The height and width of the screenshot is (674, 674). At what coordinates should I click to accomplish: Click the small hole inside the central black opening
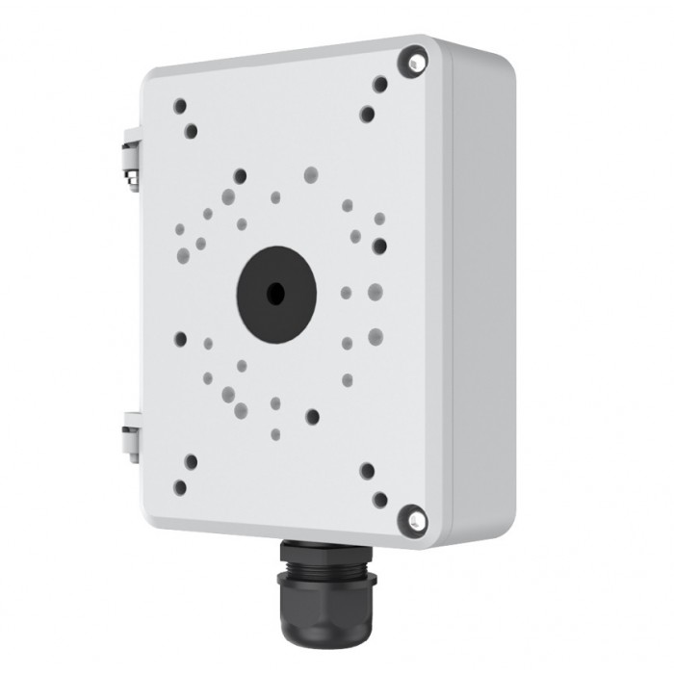276,295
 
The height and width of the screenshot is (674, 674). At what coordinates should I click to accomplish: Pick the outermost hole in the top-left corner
180,106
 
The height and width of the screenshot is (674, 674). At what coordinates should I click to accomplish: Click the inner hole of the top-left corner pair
192,131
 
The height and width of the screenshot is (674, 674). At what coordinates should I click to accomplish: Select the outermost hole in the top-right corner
380,85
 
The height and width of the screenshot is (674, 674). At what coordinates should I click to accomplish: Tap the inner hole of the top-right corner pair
367,114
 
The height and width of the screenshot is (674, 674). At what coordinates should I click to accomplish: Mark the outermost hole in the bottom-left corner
180,487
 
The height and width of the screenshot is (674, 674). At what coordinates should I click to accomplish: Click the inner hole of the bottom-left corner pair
191,462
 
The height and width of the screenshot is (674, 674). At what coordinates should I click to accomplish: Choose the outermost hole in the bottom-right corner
380,500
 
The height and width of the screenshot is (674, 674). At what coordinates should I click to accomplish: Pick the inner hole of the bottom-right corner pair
367,471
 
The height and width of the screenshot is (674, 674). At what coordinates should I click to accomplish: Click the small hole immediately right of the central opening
346,293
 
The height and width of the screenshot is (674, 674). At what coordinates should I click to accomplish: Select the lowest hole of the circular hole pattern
275,434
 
